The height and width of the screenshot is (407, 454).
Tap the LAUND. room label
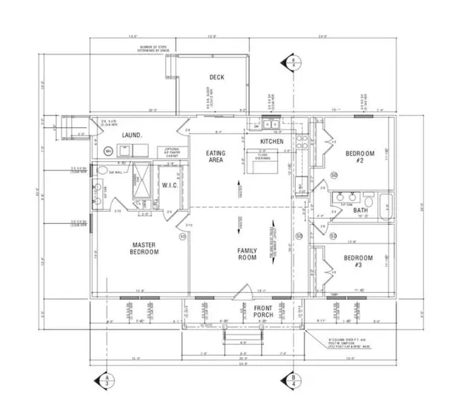pyautogui.click(x=133, y=135)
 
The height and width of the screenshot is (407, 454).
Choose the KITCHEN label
pyautogui.click(x=272, y=141)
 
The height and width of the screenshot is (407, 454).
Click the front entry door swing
pyautogui.click(x=241, y=292)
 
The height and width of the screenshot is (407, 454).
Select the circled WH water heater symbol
pyautogui.click(x=108, y=151)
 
